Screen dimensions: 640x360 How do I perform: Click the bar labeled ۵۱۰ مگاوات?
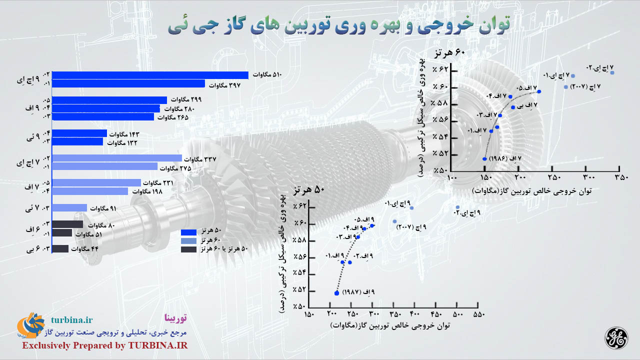tap(150, 75)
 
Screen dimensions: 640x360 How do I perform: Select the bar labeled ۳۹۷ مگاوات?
tap(128, 83)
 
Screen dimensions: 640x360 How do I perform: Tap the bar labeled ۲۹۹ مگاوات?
tap(109, 100)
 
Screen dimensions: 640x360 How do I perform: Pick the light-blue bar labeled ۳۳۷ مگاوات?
tap(117, 158)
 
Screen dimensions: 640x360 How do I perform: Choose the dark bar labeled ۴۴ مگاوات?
tap(60, 249)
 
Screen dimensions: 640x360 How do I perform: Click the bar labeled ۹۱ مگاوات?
tap(69, 207)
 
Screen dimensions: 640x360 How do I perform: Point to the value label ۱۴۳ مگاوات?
tap(124, 134)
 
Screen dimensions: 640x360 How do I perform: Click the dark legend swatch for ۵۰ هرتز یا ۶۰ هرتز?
tap(188, 249)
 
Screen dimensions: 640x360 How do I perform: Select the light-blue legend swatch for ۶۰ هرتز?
tap(188, 241)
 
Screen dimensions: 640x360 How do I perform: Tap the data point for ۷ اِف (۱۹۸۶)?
tap(484, 159)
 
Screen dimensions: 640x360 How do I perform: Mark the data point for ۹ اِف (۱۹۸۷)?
tap(336, 293)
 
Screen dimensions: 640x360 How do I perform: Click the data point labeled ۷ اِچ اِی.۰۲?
tap(612, 73)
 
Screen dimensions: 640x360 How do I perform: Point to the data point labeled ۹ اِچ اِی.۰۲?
tap(457, 207)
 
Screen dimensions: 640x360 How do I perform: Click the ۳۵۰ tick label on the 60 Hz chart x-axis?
tap(621, 177)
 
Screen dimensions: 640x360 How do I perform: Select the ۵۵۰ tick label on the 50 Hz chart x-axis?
tap(479, 314)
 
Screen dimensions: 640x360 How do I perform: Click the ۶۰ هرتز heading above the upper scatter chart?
tap(449, 53)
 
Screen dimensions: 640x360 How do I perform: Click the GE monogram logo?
tap(616, 338)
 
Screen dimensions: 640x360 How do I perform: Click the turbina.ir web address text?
tap(72, 319)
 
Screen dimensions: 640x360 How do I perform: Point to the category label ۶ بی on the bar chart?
tap(33, 249)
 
